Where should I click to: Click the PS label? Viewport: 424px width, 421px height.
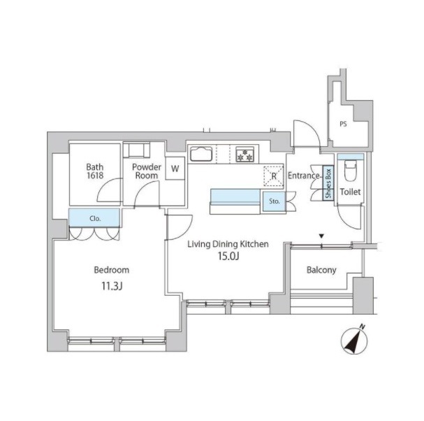click(x=343, y=124)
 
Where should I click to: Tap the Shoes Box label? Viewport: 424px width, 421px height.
click(x=328, y=183)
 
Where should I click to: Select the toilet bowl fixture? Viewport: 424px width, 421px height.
click(x=351, y=171)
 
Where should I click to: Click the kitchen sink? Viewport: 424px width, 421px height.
click(x=201, y=154)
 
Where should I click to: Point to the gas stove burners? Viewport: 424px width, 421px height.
click(x=244, y=155)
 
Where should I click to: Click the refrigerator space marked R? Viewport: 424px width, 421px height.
click(x=274, y=176)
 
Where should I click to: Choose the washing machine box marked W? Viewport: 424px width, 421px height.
click(x=175, y=169)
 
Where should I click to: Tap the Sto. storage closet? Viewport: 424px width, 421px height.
click(x=275, y=201)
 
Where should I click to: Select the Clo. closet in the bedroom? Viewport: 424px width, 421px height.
click(x=94, y=217)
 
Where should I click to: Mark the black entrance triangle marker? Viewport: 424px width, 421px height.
click(x=321, y=236)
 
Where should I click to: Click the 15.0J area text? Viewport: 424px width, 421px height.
click(x=228, y=256)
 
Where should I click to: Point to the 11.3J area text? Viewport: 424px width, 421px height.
click(x=112, y=286)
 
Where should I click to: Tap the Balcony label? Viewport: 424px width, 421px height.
click(x=321, y=270)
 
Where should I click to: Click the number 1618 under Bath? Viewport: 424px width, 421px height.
click(x=95, y=176)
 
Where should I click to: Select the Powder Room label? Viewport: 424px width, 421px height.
click(x=147, y=171)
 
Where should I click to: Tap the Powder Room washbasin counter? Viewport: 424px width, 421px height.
click(x=136, y=150)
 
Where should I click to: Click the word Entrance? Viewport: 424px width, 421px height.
click(x=304, y=176)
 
